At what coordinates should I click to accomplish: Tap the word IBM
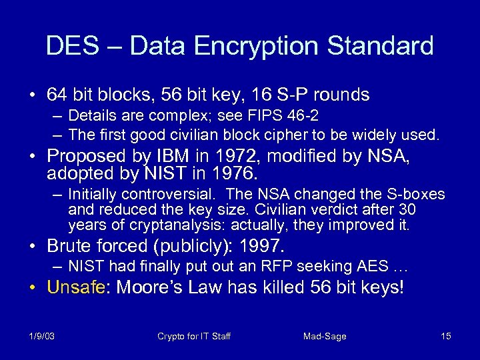[x=177, y=156]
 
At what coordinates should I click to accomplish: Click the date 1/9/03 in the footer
[x=42, y=336]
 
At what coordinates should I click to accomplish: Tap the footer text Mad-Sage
[x=325, y=336]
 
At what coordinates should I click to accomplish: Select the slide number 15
[x=446, y=336]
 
